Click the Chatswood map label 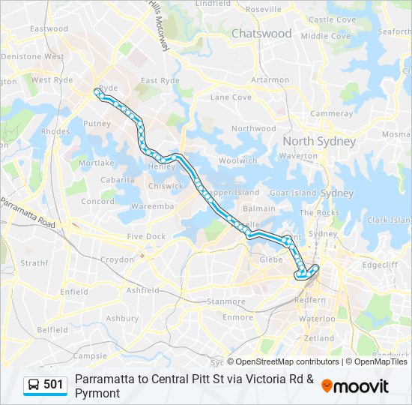261,34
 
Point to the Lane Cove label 231,97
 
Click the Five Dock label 146,237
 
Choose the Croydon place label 117,259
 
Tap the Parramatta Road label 28,214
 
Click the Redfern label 310,299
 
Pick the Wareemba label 152,205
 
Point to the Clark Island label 389,220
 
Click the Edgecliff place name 380,264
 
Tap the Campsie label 90,355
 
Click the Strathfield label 34,263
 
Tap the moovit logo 355,386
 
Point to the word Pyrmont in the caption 97,392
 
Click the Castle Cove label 332,19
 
